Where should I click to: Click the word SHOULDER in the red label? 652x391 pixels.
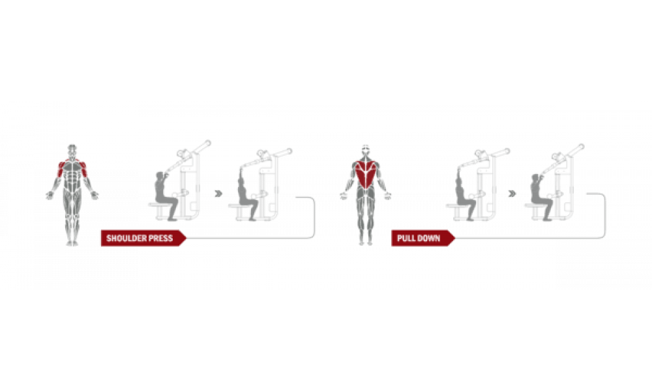coord(125,238)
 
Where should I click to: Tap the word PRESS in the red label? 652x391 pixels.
coord(160,238)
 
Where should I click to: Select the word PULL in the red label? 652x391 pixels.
coord(405,238)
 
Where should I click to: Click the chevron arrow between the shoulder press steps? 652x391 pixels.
coord(218,194)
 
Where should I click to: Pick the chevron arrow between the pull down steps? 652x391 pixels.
coord(512,194)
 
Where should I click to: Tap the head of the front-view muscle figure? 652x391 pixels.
coord(72,150)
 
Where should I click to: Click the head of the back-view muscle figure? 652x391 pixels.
coord(366,151)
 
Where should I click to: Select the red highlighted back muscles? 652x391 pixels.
coord(366,173)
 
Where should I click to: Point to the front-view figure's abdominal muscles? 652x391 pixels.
coord(72,179)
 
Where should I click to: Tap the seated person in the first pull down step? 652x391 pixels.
coord(464,193)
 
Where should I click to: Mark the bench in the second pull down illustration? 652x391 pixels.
coord(535,210)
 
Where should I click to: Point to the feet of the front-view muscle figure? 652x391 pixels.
coord(72,243)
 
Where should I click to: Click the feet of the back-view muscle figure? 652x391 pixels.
coord(366,243)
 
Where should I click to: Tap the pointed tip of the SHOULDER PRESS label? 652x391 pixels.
coord(186,238)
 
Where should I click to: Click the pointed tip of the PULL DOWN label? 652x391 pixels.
coord(455,238)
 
